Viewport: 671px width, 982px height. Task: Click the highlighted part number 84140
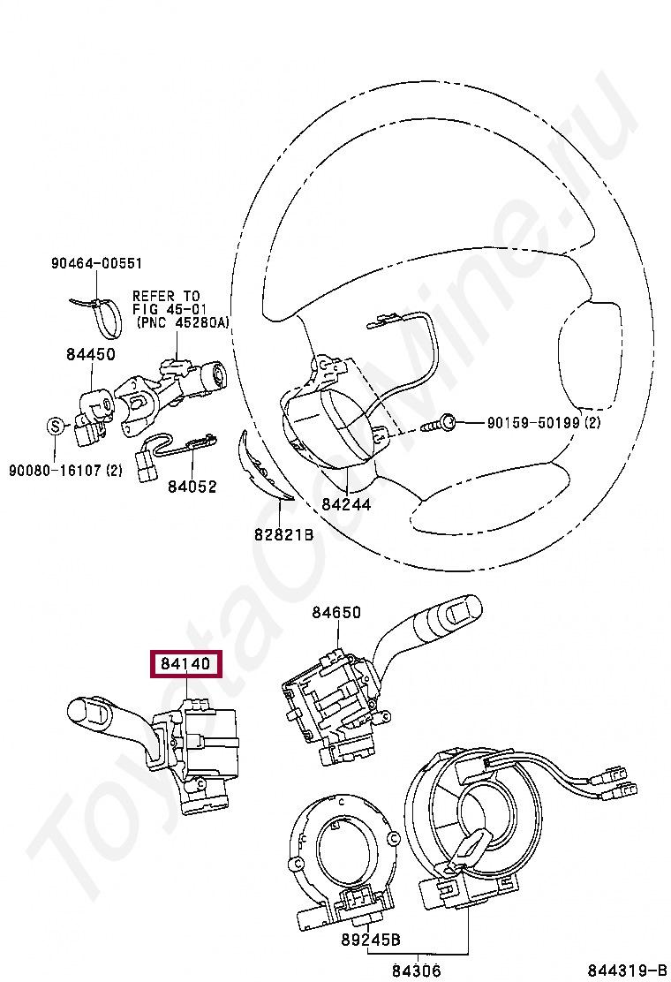click(x=186, y=662)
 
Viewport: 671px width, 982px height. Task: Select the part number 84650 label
click(x=335, y=612)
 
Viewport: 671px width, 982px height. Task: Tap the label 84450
click(x=90, y=354)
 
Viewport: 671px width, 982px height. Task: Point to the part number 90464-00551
click(x=96, y=263)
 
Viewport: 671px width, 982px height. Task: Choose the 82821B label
click(x=284, y=534)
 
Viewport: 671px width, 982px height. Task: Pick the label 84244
click(x=346, y=505)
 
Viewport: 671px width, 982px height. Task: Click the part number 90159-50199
click(x=534, y=424)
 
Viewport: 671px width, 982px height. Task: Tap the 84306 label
click(x=417, y=971)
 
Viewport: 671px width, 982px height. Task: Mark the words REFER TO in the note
click(x=166, y=296)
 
